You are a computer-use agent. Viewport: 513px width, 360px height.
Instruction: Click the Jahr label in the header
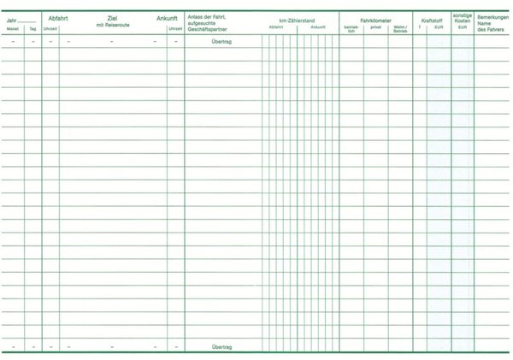[x=10, y=17]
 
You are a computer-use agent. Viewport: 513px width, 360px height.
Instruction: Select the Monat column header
[x=12, y=28]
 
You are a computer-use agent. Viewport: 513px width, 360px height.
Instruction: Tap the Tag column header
[x=32, y=28]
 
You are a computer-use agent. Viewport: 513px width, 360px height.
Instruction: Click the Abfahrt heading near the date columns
[x=60, y=17]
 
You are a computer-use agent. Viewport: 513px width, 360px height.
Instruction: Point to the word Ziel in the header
[x=112, y=17]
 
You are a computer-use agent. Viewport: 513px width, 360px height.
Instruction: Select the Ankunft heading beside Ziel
[x=168, y=17]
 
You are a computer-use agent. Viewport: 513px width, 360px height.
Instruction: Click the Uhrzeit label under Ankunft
[x=175, y=28]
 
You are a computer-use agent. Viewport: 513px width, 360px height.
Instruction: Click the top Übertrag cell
[x=222, y=40]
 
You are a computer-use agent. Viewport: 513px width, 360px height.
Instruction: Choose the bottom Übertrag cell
[x=222, y=346]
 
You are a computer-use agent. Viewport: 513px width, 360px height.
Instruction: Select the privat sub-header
[x=376, y=27]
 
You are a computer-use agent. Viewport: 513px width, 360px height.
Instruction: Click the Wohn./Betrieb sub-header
[x=400, y=29]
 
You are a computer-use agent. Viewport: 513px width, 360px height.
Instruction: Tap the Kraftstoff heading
[x=432, y=19]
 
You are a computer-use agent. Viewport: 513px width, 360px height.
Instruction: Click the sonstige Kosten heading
[x=462, y=18]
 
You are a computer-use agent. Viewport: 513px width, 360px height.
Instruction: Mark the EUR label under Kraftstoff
[x=438, y=27]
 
